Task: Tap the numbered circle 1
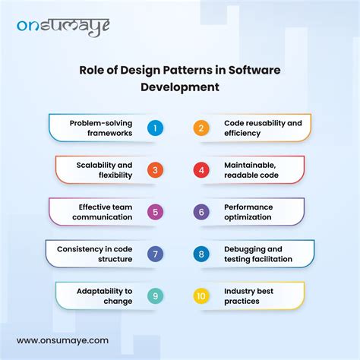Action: point(154,128)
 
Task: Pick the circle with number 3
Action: point(154,169)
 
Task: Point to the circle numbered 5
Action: point(154,211)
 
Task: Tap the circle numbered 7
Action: point(154,253)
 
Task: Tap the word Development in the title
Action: point(180,87)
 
